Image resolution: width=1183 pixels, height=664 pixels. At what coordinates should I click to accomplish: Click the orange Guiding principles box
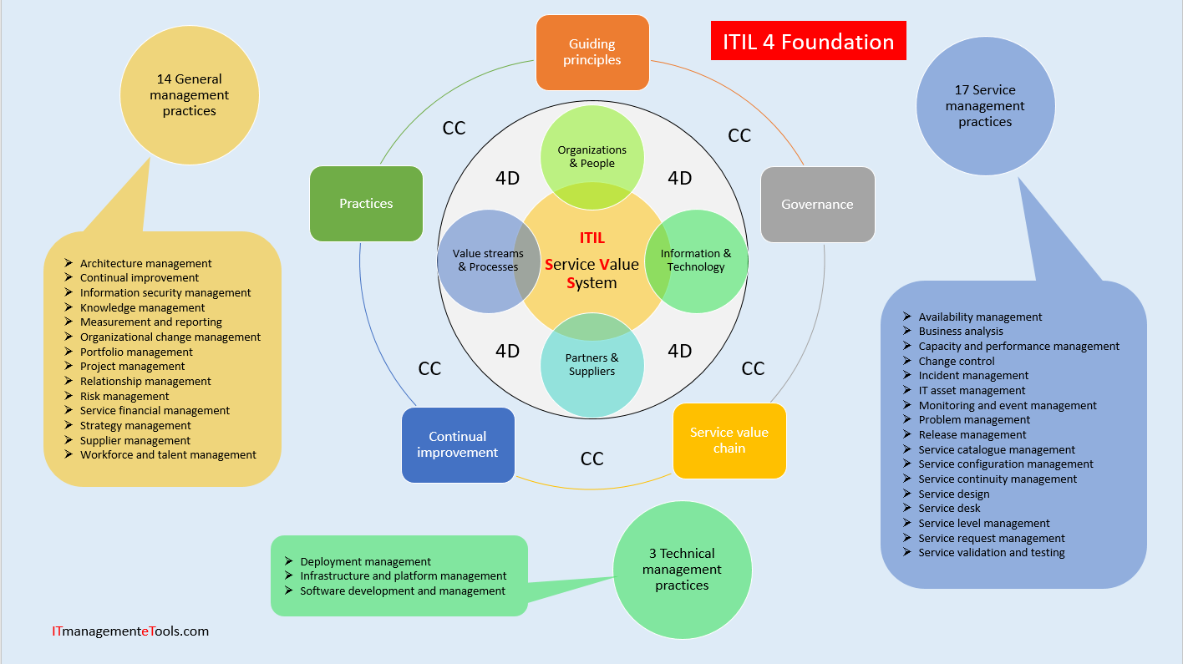tap(592, 52)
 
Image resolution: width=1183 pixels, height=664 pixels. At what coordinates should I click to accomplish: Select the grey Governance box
tap(817, 205)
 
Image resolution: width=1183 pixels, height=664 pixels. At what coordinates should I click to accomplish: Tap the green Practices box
tap(366, 204)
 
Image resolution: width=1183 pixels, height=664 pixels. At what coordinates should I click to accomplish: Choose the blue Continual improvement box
tap(458, 444)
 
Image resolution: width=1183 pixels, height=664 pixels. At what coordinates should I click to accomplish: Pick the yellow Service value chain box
tap(729, 440)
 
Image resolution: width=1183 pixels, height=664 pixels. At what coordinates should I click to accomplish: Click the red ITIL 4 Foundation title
tap(808, 42)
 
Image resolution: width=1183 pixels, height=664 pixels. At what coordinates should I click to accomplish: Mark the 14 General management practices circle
tap(190, 95)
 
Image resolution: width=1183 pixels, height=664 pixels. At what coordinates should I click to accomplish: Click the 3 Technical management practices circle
tap(682, 570)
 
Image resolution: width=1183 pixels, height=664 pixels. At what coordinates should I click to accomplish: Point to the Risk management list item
tap(124, 397)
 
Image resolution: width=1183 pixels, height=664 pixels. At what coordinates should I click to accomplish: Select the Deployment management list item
tap(365, 562)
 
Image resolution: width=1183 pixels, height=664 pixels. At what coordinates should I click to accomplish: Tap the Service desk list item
tap(949, 509)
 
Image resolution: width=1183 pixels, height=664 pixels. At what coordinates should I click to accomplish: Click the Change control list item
tap(956, 362)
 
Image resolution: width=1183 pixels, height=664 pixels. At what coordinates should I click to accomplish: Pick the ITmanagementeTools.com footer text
tap(130, 631)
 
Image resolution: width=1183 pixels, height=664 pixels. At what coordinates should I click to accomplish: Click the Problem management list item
tap(974, 420)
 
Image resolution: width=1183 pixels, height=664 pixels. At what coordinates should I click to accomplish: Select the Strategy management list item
tap(135, 426)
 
